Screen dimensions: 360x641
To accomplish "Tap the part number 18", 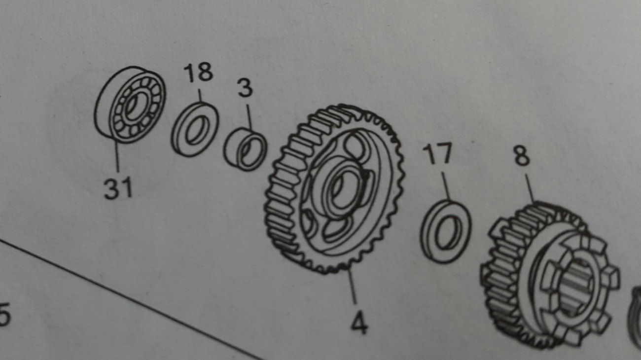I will [x=198, y=72].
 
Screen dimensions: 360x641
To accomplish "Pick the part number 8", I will [x=522, y=156].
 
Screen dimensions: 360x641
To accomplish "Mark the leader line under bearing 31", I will [x=117, y=157].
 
